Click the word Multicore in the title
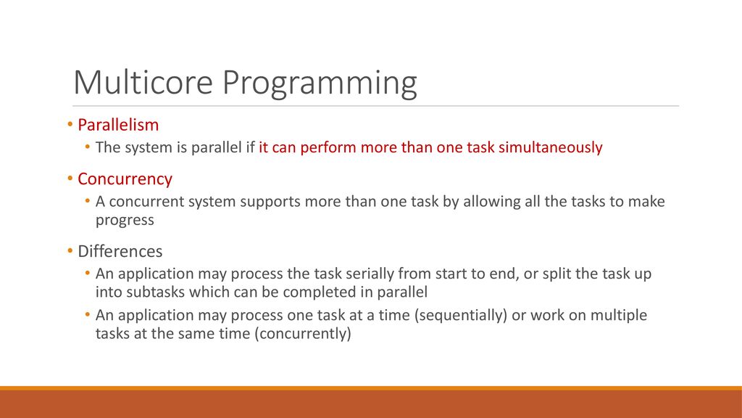point(143,82)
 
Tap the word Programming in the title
point(320,84)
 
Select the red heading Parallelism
point(118,125)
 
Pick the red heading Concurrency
point(125,179)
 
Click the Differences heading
point(120,251)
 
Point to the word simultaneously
point(551,147)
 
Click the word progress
point(125,221)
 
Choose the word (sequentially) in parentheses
point(461,315)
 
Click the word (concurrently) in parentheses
point(303,334)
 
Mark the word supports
point(270,202)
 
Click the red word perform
point(328,147)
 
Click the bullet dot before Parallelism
point(70,125)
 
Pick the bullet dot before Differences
point(70,250)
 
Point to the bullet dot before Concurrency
point(70,179)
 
